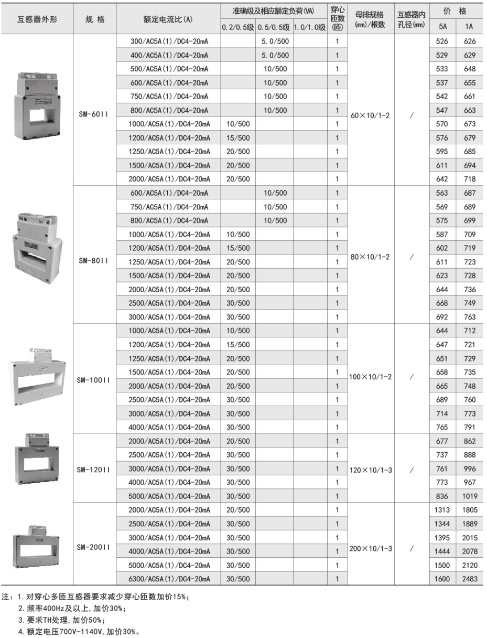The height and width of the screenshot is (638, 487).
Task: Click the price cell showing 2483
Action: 470,579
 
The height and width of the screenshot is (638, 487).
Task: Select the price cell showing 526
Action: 442,41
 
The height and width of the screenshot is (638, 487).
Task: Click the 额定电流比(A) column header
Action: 168,19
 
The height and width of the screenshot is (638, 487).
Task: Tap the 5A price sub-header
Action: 442,26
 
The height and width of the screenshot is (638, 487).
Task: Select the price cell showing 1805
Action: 470,510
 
